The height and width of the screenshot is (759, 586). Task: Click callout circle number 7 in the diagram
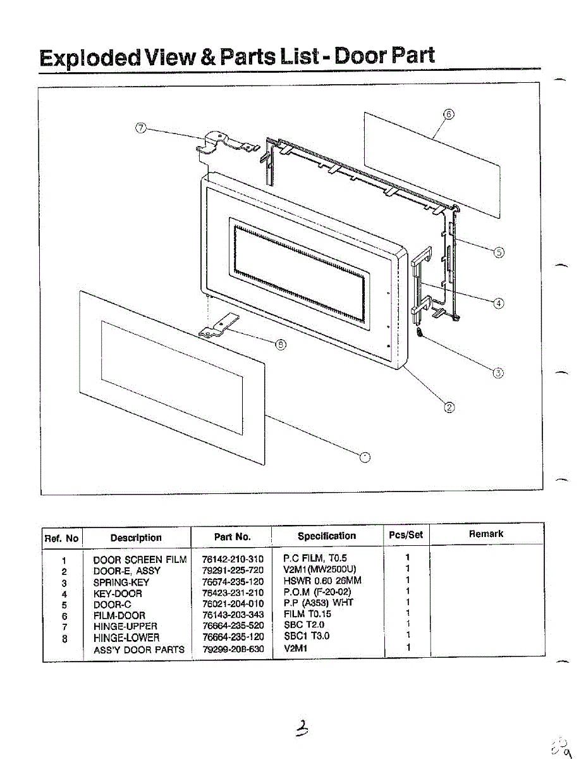[x=141, y=128]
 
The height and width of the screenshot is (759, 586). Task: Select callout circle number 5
[x=499, y=252]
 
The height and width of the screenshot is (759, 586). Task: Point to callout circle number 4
[x=499, y=303]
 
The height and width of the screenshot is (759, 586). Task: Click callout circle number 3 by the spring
[x=498, y=373]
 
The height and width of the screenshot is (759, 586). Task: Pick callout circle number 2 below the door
[x=449, y=407]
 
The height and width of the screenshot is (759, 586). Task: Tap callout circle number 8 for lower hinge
[x=281, y=344]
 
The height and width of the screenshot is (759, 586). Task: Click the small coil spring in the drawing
[x=420, y=331]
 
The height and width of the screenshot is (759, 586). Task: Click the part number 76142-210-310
[x=233, y=559]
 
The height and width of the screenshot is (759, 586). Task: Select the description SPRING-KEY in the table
[x=121, y=582]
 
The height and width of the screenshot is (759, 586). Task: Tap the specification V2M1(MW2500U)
[x=320, y=570]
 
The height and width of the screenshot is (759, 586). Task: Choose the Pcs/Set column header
[x=406, y=534]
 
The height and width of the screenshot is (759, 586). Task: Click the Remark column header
[x=485, y=534]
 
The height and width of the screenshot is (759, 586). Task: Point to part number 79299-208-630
[x=233, y=649]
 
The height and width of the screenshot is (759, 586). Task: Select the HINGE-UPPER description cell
[x=125, y=626]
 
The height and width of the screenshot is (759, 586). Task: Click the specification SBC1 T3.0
[x=307, y=636]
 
